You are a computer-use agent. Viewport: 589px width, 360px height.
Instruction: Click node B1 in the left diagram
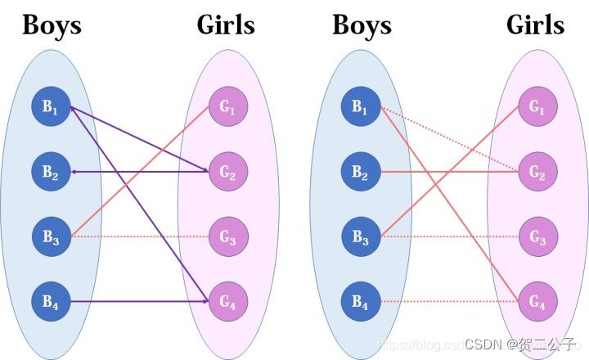[x=51, y=106]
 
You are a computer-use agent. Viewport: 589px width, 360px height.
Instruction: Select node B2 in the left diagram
[x=51, y=172]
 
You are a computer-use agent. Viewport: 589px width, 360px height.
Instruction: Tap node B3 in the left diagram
[x=51, y=237]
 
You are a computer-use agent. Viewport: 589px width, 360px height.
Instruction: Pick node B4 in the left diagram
[x=51, y=302]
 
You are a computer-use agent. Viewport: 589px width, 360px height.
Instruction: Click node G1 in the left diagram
[x=227, y=106]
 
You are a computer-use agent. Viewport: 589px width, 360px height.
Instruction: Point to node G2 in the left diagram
[x=227, y=172]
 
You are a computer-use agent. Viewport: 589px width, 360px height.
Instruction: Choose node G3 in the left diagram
[x=227, y=237]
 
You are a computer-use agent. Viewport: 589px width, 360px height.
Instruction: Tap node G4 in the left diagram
[x=227, y=302]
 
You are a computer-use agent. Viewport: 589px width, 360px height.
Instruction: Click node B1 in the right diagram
[x=360, y=106]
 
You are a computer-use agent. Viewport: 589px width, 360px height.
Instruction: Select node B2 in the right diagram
[x=360, y=172]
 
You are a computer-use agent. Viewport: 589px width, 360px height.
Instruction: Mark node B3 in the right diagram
[x=360, y=237]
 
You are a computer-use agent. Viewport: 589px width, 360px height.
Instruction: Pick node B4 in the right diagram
[x=360, y=302]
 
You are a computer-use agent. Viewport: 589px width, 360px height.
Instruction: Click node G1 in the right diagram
[x=537, y=106]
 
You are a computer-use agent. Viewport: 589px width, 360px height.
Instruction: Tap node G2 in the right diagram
[x=537, y=172]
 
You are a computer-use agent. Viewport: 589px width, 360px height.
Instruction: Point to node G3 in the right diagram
[x=537, y=237]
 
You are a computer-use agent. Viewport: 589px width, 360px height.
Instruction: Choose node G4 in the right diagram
[x=537, y=302]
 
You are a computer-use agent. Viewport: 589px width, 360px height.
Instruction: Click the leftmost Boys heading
[x=52, y=25]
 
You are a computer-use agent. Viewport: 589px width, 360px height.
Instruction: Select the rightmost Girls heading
[x=536, y=25]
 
